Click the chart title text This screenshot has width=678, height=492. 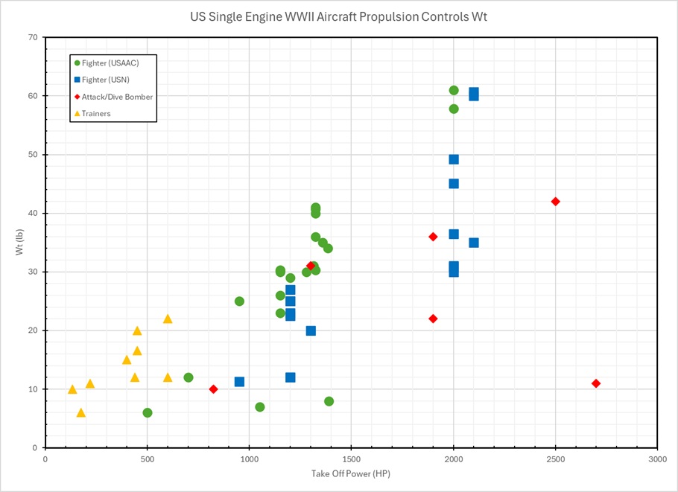click(x=338, y=16)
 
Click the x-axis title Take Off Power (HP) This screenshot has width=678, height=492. click(x=350, y=474)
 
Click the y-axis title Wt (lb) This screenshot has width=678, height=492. click(x=19, y=243)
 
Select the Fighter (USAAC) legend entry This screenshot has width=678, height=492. click(x=112, y=63)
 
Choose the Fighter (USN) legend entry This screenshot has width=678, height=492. click(x=110, y=80)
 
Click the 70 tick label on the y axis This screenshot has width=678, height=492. click(x=34, y=37)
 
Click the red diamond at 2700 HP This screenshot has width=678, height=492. click(x=596, y=383)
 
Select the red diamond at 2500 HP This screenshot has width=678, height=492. click(x=555, y=202)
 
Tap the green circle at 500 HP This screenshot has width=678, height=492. click(x=148, y=412)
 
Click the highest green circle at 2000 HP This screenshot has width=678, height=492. click(x=454, y=90)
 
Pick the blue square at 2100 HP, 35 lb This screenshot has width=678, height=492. click(x=474, y=243)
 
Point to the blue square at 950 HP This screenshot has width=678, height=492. click(x=239, y=382)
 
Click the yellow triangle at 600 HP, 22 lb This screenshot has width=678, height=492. click(x=168, y=319)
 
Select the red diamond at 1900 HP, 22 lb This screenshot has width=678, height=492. click(x=433, y=319)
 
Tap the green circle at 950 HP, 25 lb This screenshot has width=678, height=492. click(x=239, y=301)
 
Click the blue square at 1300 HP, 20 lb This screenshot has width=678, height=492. click(x=311, y=330)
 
